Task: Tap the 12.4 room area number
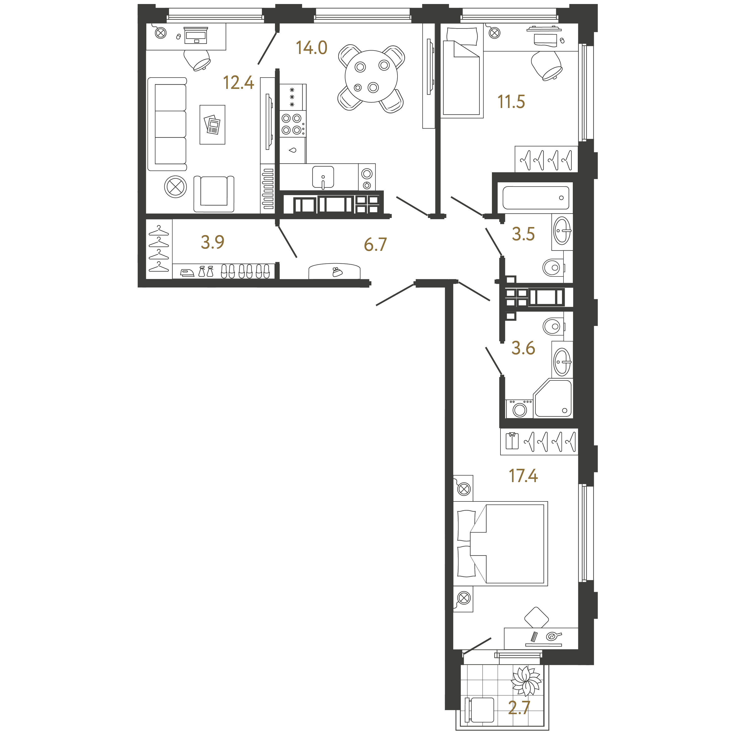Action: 239,83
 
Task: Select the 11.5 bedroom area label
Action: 511,102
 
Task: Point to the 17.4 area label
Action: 523,476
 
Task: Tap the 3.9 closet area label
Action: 213,242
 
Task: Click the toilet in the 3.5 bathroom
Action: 553,267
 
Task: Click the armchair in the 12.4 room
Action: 214,194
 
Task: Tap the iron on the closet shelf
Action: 187,272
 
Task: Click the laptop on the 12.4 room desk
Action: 196,35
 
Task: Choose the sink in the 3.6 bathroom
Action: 562,362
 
